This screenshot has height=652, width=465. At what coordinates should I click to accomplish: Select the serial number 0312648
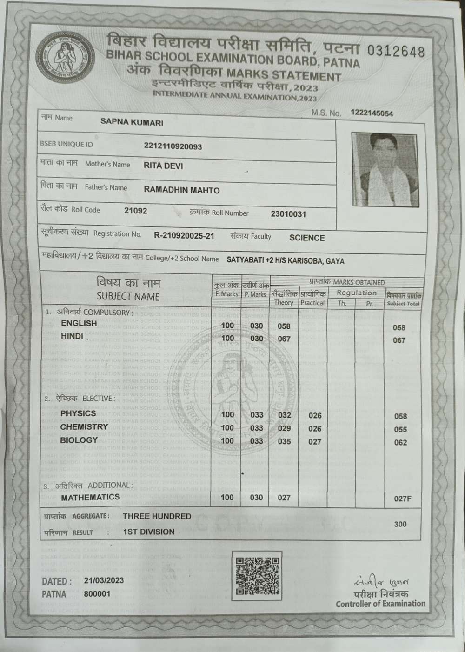click(396, 52)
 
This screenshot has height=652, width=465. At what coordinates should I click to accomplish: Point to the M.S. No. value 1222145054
click(372, 113)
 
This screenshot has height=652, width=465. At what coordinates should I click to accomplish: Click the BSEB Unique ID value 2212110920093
click(173, 146)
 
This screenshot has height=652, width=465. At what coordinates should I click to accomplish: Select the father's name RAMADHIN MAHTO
click(182, 190)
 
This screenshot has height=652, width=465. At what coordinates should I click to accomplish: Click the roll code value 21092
click(136, 211)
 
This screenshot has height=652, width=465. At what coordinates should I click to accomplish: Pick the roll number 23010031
click(288, 214)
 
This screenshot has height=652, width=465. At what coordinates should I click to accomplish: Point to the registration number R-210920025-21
click(184, 236)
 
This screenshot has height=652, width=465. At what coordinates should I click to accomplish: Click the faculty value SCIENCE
click(307, 238)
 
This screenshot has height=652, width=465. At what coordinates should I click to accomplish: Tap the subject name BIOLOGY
click(79, 440)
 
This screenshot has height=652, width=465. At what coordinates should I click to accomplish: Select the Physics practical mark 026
click(315, 415)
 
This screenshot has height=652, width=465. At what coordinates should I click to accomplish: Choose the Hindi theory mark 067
click(284, 339)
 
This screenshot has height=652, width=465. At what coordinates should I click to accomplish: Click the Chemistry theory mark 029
click(284, 428)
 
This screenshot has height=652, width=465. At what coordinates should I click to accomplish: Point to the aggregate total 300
click(400, 524)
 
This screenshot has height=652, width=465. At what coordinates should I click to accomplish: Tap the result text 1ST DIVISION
click(149, 532)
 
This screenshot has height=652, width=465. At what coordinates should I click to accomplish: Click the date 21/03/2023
click(104, 580)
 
